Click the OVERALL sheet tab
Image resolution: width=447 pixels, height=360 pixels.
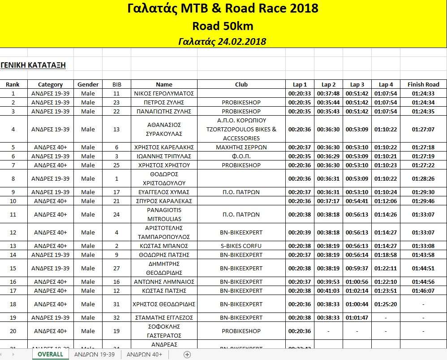point(50,354)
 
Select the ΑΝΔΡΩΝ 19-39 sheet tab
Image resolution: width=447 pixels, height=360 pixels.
point(95,354)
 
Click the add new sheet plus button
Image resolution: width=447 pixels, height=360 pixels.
point(187,354)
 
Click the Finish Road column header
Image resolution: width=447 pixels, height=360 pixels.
point(423,84)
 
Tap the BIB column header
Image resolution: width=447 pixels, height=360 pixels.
point(116,84)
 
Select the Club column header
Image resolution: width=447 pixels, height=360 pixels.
point(241,84)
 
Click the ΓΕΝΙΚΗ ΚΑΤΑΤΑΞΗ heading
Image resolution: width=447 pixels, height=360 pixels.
point(33,65)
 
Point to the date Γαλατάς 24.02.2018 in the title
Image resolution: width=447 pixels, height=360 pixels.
point(222,42)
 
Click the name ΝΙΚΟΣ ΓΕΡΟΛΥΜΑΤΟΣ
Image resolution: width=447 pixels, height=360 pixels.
point(164,93)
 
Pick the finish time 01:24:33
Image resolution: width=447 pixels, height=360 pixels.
point(423,93)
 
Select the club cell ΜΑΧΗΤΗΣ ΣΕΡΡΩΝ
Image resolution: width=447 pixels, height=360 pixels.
point(241,147)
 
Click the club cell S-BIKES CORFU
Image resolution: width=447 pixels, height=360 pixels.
point(241,246)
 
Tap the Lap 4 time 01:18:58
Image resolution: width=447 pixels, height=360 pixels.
point(386,255)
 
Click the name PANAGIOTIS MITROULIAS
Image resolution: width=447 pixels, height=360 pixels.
point(164,214)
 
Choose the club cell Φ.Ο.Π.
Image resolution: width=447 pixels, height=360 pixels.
point(241,156)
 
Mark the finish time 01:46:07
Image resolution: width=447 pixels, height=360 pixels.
point(423,291)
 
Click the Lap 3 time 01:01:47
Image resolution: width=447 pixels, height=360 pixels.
point(357,317)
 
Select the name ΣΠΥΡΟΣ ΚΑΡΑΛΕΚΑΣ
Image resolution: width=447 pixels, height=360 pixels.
point(164,201)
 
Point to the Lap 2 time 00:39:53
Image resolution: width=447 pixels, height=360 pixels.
point(328,282)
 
